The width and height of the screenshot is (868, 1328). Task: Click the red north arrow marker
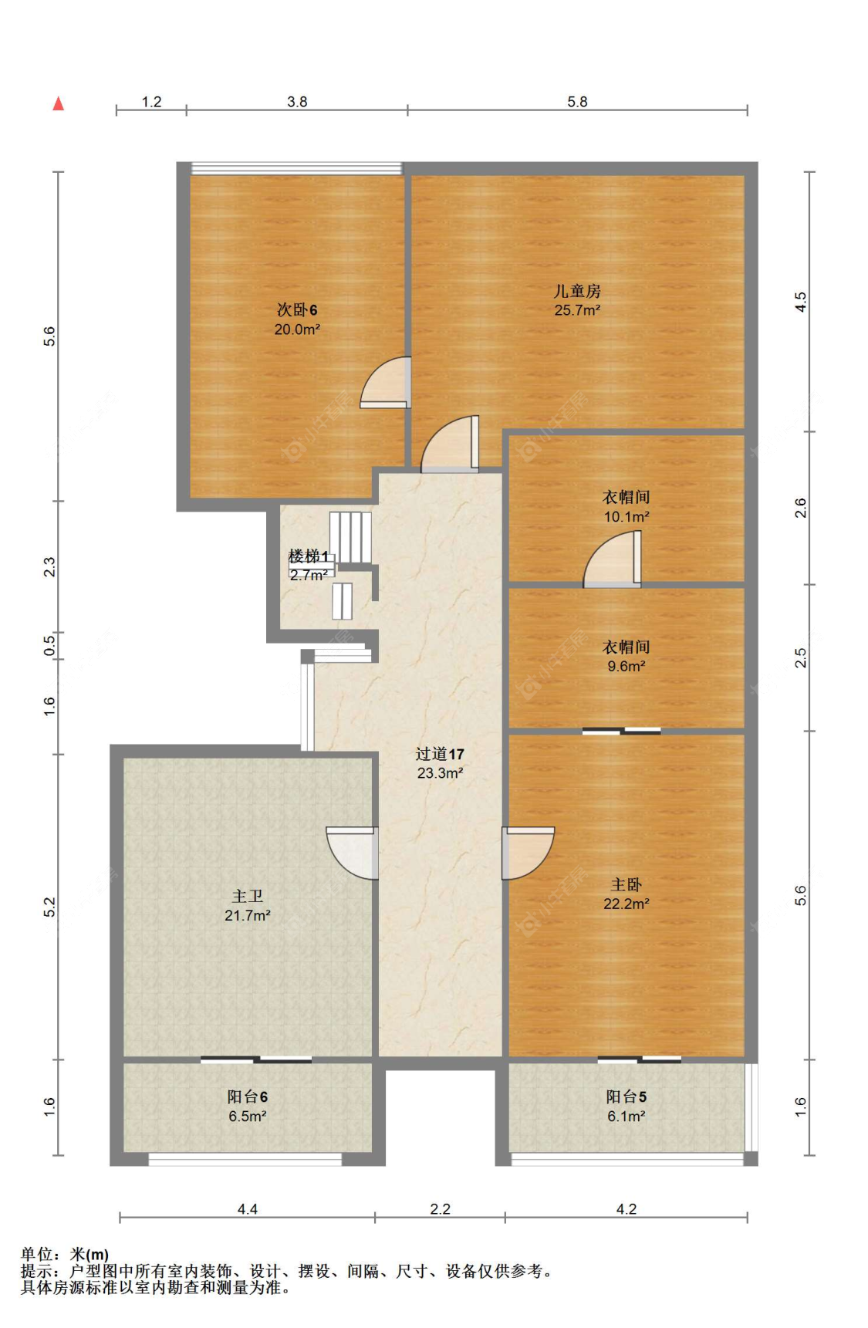(58, 103)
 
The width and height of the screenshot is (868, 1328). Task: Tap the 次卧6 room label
(297, 309)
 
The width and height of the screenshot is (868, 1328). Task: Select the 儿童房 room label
(577, 291)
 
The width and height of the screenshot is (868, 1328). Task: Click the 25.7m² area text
(577, 310)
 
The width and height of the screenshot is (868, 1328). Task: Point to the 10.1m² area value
(626, 517)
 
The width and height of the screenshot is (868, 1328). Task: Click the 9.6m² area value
(626, 666)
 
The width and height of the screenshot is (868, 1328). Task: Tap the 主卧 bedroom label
(626, 884)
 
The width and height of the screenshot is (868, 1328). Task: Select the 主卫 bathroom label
(247, 896)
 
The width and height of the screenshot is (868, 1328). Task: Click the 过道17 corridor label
(440, 754)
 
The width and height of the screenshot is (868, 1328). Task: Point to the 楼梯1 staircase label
(309, 556)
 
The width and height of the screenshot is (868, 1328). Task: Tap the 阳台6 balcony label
(247, 1097)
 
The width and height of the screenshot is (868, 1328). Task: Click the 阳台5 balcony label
(626, 1097)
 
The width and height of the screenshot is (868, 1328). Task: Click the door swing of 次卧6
(384, 381)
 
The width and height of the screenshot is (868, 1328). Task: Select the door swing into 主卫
(352, 853)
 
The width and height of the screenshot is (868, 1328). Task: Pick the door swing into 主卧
(528, 853)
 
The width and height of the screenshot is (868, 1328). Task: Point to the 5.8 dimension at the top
(577, 102)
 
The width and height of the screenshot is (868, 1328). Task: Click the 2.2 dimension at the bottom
(440, 1209)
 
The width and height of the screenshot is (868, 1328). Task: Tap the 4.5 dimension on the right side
(801, 301)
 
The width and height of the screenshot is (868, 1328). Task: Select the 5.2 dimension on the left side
(49, 907)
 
